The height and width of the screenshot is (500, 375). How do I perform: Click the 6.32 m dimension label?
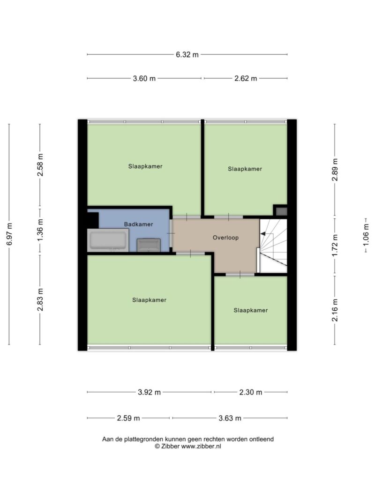[x=187, y=54]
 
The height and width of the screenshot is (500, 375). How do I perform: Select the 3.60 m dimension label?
[x=144, y=78]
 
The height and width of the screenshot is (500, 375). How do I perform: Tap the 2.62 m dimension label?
[x=246, y=78]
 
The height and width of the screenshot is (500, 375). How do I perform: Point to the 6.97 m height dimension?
[x=9, y=234]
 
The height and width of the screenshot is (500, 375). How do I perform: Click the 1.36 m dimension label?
[x=40, y=231]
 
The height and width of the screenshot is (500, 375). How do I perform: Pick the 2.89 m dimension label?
[x=335, y=169]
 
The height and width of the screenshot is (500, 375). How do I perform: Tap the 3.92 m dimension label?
[x=149, y=392]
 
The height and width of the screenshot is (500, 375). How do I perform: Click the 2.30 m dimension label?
[x=251, y=392]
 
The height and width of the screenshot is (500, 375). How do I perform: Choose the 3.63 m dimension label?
[x=230, y=418]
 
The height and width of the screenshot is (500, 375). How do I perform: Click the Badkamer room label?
[x=138, y=224]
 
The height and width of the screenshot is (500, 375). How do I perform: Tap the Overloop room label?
[x=226, y=238]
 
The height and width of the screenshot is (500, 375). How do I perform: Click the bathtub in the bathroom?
[x=108, y=240]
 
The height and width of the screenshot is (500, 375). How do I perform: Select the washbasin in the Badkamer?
[x=149, y=245]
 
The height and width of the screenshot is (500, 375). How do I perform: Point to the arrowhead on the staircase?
[x=263, y=234]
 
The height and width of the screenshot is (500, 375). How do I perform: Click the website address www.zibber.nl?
[x=201, y=447]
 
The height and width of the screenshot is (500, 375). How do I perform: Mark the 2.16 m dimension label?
[x=335, y=310]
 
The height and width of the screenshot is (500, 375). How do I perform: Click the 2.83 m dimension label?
[x=40, y=299]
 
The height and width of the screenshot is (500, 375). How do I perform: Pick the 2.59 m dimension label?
[x=128, y=418]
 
